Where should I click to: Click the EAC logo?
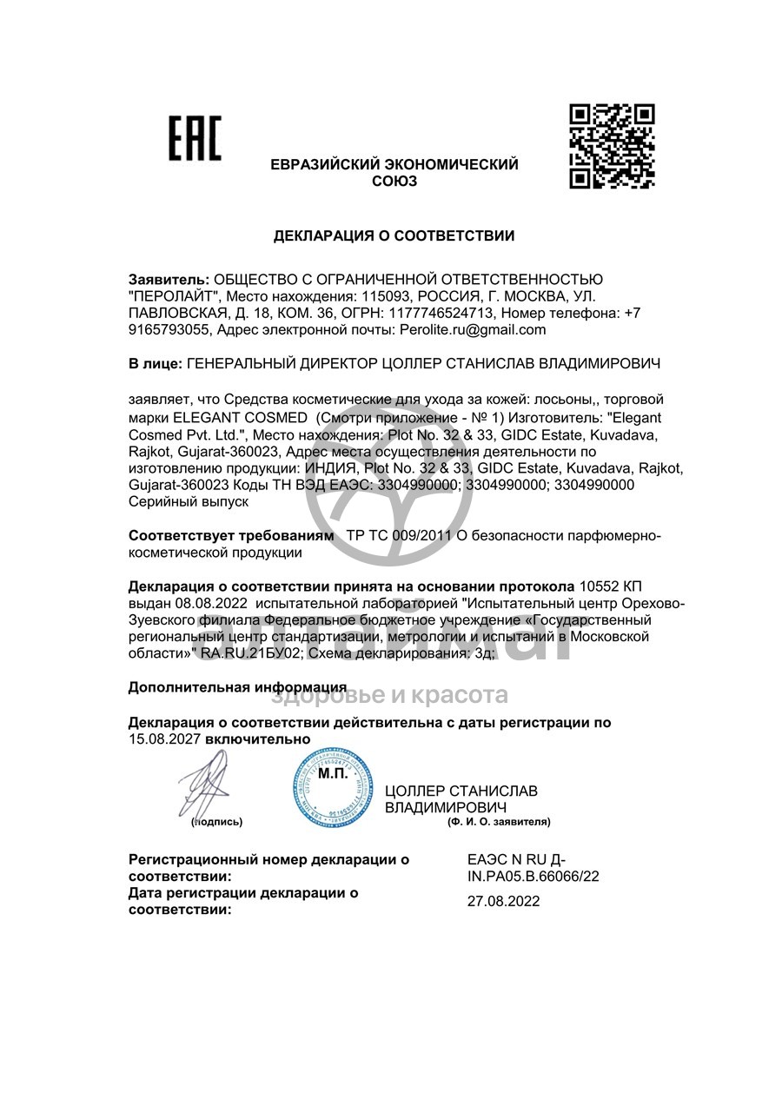point(195,139)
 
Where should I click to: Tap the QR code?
point(612,146)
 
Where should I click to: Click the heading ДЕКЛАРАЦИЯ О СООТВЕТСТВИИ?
point(394,235)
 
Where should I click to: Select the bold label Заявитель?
point(169,280)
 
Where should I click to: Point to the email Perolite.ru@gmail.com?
point(473,329)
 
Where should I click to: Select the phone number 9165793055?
point(169,329)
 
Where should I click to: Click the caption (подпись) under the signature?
point(216,821)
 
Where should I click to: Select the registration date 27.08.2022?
point(503,901)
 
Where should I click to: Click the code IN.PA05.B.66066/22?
point(533,877)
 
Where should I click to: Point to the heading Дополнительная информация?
point(237,687)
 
